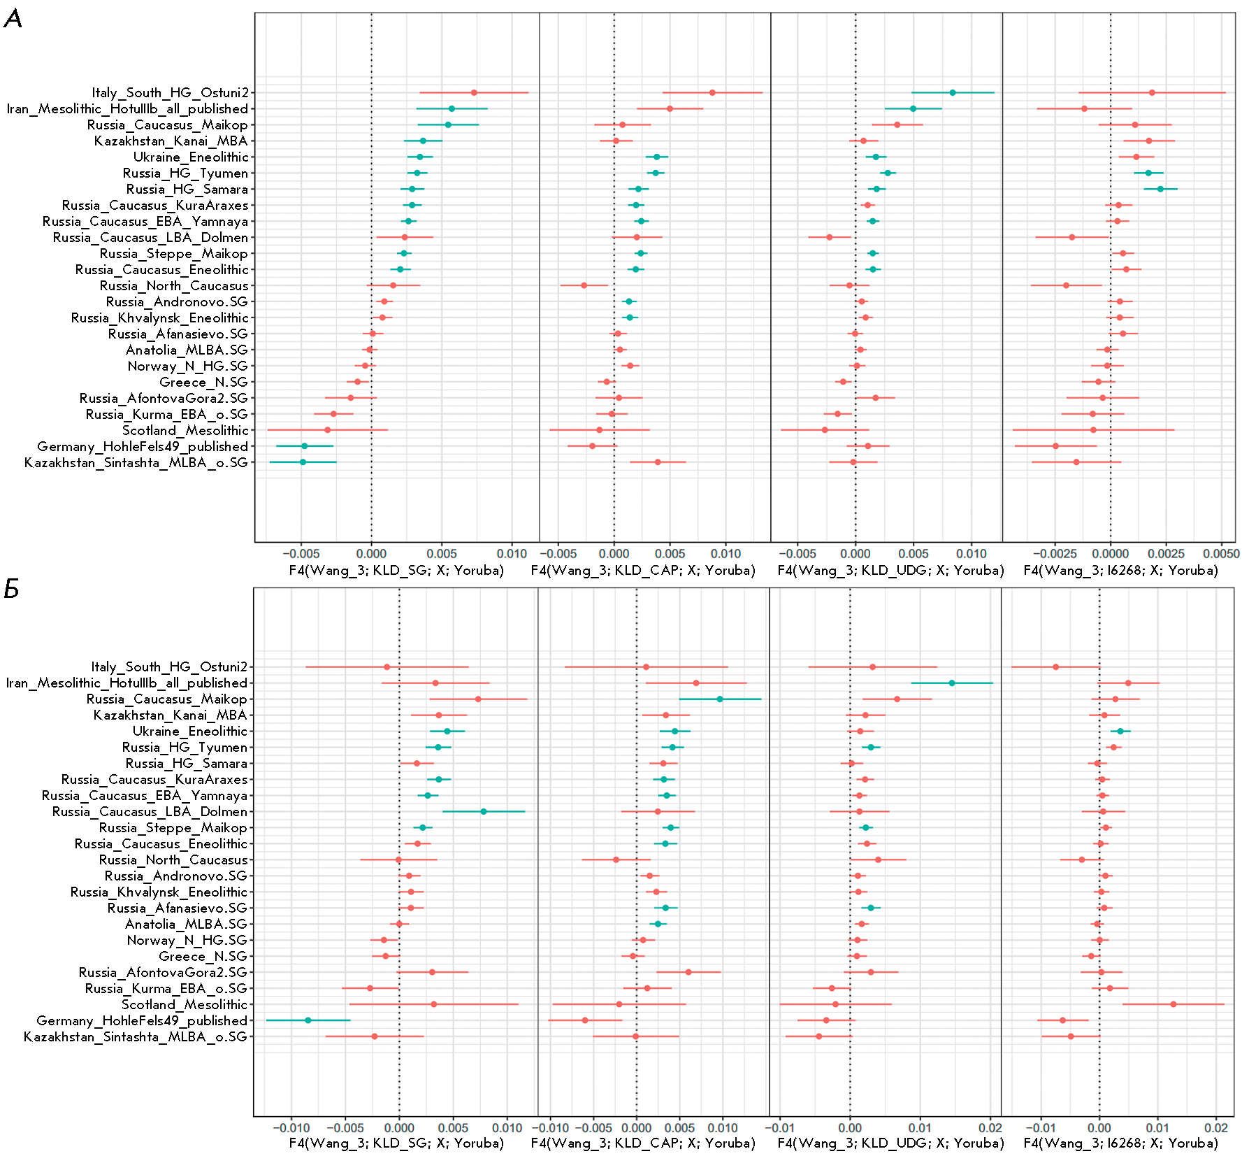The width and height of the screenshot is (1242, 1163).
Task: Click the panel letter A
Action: pos(13,19)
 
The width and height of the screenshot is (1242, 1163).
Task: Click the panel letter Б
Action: pos(11,590)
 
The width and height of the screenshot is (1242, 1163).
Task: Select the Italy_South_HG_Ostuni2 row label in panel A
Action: pos(170,92)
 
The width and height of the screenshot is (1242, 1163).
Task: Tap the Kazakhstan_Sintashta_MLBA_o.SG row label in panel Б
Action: pos(136,1036)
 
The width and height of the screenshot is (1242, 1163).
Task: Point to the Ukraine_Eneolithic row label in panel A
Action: pos(191,157)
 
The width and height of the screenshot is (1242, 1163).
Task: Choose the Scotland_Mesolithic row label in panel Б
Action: pos(185,1004)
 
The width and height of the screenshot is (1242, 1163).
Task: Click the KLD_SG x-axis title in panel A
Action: pos(396,571)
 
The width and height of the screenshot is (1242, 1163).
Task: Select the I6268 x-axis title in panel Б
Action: pos(1120,1143)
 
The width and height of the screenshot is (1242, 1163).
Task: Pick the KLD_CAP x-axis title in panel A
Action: pos(643,571)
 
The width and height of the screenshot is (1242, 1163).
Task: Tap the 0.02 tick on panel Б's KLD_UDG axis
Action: pos(990,1127)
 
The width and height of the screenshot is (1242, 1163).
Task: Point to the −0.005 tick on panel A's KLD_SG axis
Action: pos(301,554)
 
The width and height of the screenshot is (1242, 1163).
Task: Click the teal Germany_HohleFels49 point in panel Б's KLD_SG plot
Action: pos(308,1020)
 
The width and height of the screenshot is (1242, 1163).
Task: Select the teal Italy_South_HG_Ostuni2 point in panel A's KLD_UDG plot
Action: pos(953,92)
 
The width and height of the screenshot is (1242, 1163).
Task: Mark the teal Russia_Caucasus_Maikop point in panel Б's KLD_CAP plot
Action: pos(720,699)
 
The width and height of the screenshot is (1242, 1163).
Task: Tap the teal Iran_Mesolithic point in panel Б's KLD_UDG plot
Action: pos(952,683)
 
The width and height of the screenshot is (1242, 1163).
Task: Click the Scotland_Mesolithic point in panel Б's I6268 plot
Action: pos(1174,1004)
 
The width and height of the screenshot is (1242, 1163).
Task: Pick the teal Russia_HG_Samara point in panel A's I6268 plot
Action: pos(1160,189)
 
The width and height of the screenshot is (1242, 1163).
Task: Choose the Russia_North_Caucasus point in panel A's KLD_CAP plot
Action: pos(584,285)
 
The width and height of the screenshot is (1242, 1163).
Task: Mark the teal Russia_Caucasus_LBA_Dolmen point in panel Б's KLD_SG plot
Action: pos(484,811)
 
